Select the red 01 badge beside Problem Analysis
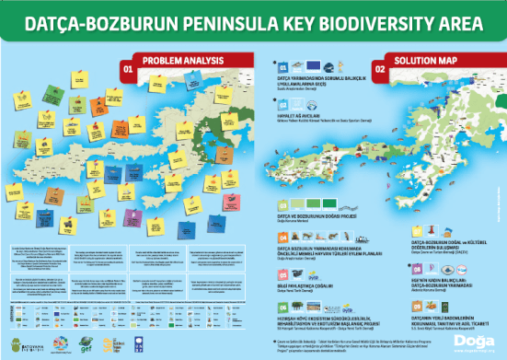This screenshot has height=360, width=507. coord(128,67)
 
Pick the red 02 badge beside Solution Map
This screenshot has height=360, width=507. coord(378,67)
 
